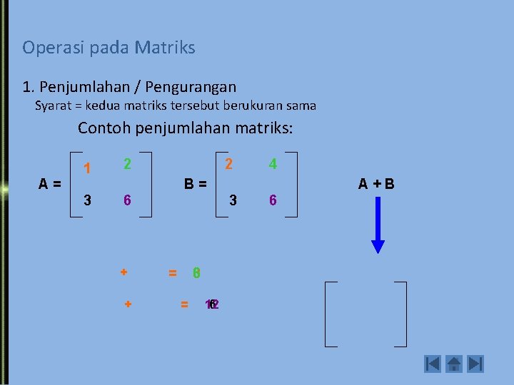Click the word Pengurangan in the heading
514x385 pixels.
tap(191, 87)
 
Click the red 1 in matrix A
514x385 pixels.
tap(87, 169)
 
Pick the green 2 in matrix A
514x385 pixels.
tap(126, 164)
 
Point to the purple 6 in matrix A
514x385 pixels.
tap(126, 200)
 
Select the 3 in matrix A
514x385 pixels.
tap(87, 200)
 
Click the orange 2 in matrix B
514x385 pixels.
tap(228, 164)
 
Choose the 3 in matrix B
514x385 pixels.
tap(233, 200)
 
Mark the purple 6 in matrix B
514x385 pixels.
tap(272, 200)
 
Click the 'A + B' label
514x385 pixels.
tap(376, 184)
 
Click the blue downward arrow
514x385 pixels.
tap(378, 225)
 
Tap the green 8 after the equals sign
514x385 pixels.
tap(196, 272)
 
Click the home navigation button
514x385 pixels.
tap(453, 364)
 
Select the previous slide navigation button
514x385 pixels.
tap(432, 364)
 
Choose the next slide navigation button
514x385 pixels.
tap(475, 364)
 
